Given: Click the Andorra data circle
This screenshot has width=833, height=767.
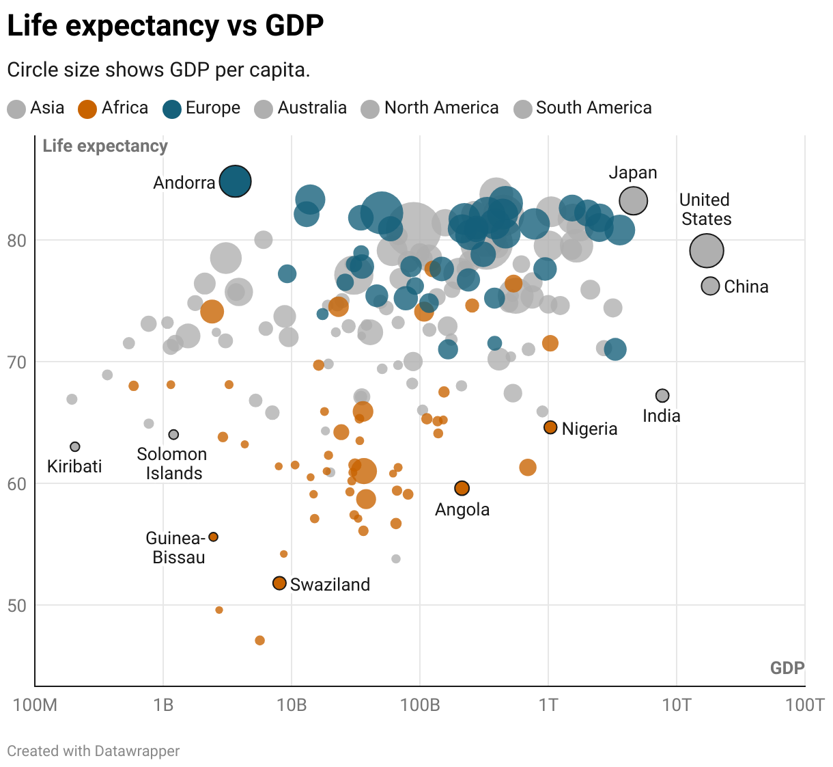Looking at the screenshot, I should point(236,182).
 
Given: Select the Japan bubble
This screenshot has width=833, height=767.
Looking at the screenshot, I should point(634,201).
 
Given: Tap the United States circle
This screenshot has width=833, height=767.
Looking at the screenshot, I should point(707,251).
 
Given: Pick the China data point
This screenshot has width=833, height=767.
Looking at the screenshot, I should point(711,286).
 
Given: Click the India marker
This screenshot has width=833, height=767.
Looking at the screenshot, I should point(662,396).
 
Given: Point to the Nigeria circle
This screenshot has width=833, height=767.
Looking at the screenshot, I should point(550,428).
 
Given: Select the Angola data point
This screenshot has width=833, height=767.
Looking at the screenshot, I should point(462,488).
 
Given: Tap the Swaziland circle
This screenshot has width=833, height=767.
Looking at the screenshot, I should point(279,583).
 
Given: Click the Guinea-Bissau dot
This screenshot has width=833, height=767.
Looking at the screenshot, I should point(213,537).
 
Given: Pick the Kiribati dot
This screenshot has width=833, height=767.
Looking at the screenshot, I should point(75,447).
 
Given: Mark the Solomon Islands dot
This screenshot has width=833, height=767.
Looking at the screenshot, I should point(173,435).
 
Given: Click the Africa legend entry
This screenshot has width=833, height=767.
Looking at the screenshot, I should point(113,108).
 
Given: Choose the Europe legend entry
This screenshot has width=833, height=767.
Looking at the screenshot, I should point(202,108).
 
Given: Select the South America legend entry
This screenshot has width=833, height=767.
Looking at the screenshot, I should point(583,108).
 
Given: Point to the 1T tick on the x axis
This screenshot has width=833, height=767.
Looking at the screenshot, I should point(548,705).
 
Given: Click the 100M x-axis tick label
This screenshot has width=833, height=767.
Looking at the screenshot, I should point(36,705).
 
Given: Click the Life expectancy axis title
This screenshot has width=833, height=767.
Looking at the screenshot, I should point(105,146).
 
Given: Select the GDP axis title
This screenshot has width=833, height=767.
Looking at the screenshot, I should point(787,668).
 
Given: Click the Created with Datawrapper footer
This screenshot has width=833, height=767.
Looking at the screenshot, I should point(94,751).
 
